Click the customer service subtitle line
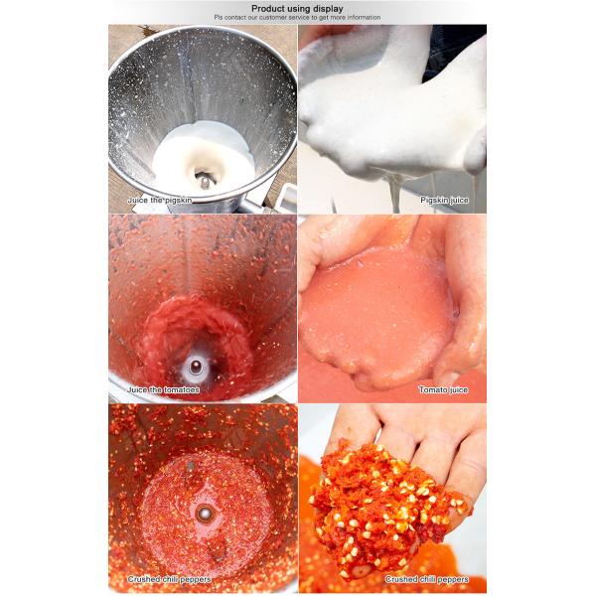pos(297,18)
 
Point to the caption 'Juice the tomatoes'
pos(164,390)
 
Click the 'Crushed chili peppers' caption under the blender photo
pos(166,579)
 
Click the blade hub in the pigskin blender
pos(205,180)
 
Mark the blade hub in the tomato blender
pos(197,367)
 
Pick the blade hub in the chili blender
pos(205,514)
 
